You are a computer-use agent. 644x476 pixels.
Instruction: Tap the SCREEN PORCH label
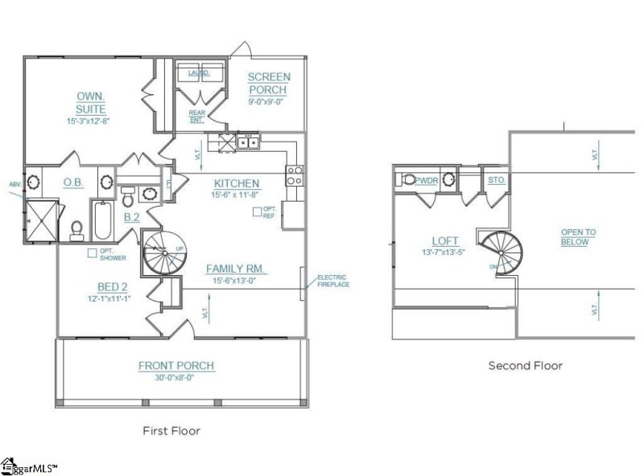click(269, 84)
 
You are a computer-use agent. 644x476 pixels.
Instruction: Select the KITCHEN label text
click(237, 183)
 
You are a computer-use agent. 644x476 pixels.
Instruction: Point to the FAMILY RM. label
click(236, 268)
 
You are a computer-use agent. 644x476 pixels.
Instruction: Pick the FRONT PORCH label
click(176, 366)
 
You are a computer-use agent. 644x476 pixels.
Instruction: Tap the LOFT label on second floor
click(444, 240)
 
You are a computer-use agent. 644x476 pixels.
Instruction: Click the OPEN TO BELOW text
click(578, 236)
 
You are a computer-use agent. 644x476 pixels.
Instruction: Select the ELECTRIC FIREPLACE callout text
click(332, 280)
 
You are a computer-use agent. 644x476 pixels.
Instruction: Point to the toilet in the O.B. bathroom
click(77, 230)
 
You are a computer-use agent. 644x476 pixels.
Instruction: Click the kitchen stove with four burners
click(294, 175)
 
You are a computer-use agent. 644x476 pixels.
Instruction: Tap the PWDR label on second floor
click(427, 180)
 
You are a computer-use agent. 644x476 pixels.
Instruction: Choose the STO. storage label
click(496, 180)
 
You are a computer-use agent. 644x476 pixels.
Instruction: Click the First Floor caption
click(171, 430)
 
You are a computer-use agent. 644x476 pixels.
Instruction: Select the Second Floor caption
click(525, 365)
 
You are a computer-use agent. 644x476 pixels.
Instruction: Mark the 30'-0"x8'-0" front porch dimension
click(176, 378)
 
